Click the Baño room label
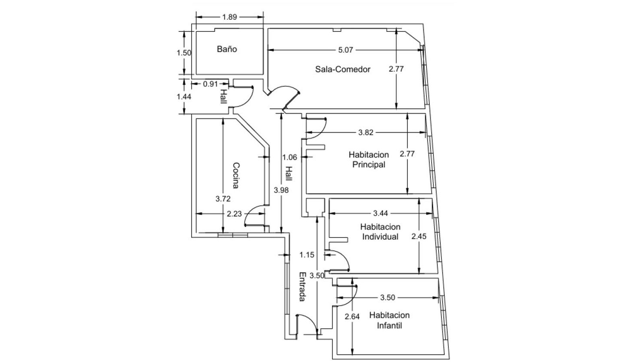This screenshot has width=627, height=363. tap(227, 49)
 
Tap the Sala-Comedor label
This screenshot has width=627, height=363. tap(342, 69)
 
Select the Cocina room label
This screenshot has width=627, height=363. tap(236, 176)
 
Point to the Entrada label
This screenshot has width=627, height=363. tap(302, 287)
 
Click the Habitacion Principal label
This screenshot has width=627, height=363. tap(369, 160)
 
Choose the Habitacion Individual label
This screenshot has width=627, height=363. tap(380, 232)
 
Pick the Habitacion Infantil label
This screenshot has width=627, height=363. tap(389, 320)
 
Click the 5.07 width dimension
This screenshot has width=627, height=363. tap(345, 50)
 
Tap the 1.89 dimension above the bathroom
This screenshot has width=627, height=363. tap(229, 17)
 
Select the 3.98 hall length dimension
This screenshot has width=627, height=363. tap(281, 190)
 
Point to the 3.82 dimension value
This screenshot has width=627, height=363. tap(366, 132)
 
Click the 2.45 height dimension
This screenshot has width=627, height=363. tap(419, 236)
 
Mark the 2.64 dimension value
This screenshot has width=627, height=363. tap(352, 317)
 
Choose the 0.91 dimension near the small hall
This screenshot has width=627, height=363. tap(210, 84)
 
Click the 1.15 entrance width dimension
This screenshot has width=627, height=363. tap(307, 255)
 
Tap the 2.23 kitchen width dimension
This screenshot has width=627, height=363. tap(234, 214)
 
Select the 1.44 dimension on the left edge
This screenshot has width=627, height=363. tap(184, 97)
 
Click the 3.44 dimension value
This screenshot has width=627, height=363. tap(380, 214)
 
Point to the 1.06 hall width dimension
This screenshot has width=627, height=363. tap(289, 157)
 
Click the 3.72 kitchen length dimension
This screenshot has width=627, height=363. tap(223, 199)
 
